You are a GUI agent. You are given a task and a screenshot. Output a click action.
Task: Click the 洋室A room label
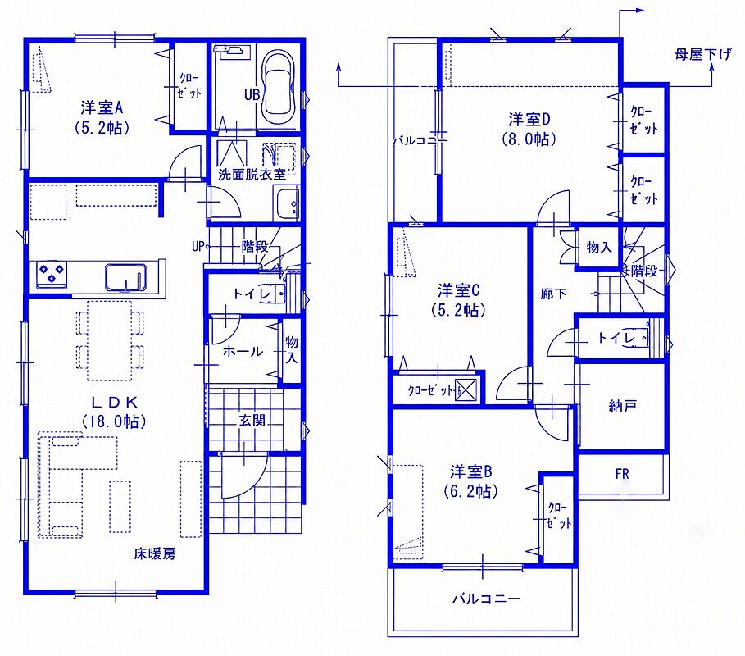(102, 108)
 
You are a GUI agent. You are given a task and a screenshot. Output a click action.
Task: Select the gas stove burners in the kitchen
(52, 274)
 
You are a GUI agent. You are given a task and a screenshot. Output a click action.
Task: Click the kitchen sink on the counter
(125, 277)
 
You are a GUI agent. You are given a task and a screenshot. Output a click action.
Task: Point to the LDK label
(114, 403)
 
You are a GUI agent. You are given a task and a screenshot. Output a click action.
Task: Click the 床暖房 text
(155, 553)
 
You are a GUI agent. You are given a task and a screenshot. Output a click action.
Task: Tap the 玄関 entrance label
(252, 420)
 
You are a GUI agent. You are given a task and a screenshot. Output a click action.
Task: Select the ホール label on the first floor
(243, 351)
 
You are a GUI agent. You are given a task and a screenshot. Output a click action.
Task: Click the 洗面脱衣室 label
(252, 174)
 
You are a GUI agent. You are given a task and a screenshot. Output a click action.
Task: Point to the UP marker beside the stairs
(198, 246)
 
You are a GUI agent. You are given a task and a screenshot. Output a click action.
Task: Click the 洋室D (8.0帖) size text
(529, 139)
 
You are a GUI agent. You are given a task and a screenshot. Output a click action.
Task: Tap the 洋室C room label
(459, 289)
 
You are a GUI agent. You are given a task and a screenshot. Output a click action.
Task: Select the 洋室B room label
(471, 471)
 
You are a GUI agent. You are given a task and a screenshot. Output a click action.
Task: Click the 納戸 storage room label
(622, 406)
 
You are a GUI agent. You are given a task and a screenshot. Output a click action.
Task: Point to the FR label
(622, 473)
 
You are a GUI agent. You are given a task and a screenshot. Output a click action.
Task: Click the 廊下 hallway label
(553, 294)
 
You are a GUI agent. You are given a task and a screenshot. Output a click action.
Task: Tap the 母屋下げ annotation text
(702, 55)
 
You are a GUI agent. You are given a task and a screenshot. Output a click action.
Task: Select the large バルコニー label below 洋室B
(486, 599)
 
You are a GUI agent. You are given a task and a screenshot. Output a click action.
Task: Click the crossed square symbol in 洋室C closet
(466, 389)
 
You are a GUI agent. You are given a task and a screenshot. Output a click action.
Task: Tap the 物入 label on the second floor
(599, 247)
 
